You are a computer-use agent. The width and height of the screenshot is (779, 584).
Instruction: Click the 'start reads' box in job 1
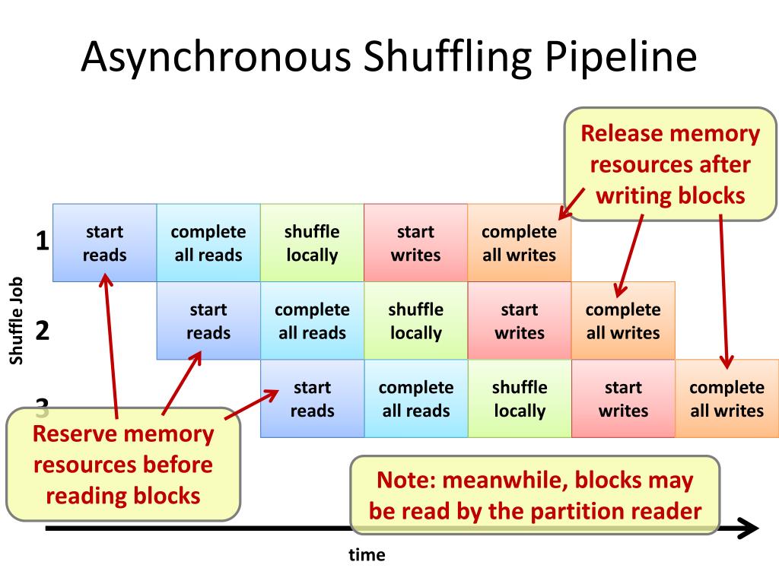pyautogui.click(x=104, y=243)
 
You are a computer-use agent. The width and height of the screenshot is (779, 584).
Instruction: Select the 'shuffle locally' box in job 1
pyautogui.click(x=312, y=243)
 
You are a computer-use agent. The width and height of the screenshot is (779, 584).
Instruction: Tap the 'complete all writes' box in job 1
pyautogui.click(x=520, y=243)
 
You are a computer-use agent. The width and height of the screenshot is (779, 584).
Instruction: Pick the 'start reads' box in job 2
pyautogui.click(x=208, y=320)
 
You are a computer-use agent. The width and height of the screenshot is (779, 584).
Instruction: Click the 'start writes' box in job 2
pyautogui.click(x=520, y=320)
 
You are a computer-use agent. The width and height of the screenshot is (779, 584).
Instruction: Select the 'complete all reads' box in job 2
pyautogui.click(x=312, y=320)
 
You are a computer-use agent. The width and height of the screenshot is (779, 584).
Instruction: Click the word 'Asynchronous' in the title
pyautogui.click(x=216, y=58)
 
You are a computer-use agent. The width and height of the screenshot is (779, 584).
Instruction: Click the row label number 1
pyautogui.click(x=43, y=242)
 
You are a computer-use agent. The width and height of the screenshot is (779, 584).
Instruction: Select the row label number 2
pyautogui.click(x=43, y=331)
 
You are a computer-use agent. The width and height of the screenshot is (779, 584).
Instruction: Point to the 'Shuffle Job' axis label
pyautogui.click(x=17, y=320)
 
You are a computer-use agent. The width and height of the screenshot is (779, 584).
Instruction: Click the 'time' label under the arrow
pyautogui.click(x=367, y=555)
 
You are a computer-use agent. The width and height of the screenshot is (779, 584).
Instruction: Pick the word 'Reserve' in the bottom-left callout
pyautogui.click(x=74, y=435)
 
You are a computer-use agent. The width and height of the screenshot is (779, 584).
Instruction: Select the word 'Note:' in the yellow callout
pyautogui.click(x=405, y=481)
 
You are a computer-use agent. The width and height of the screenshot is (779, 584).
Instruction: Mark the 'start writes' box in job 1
pyautogui.click(x=416, y=243)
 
